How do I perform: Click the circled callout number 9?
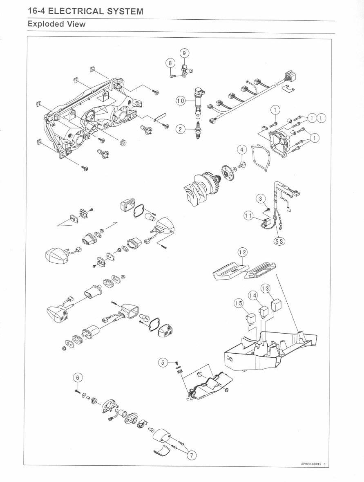click(x=184, y=53)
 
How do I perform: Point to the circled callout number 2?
click(x=180, y=130)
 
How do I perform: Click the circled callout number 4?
click(x=242, y=150)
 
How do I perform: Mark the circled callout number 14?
click(x=253, y=295)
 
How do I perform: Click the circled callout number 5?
click(x=163, y=362)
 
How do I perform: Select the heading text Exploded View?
click(x=56, y=24)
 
